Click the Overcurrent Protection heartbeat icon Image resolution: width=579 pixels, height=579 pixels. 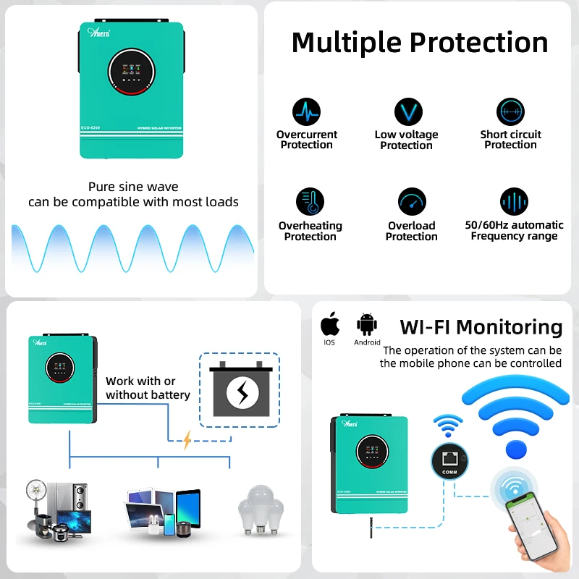coord(306,112)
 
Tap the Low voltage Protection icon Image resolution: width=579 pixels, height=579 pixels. coord(407,112)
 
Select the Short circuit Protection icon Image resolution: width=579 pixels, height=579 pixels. coord(510,112)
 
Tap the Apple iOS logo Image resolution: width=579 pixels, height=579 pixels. coord(330,323)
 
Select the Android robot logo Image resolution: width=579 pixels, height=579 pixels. coord(367,323)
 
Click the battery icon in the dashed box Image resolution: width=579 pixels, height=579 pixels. coord(239,390)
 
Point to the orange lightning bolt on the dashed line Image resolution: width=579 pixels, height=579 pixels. coord(187,439)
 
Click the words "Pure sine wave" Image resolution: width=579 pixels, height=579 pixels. coord(133,187)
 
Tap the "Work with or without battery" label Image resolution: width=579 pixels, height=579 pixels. coord(148,388)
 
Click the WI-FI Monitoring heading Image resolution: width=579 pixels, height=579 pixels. coord(481,327)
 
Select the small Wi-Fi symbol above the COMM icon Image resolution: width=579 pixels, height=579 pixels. coord(449,426)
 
